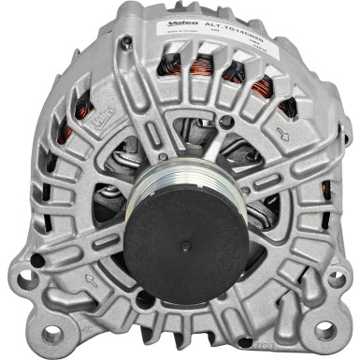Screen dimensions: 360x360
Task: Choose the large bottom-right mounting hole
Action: (324, 329)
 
